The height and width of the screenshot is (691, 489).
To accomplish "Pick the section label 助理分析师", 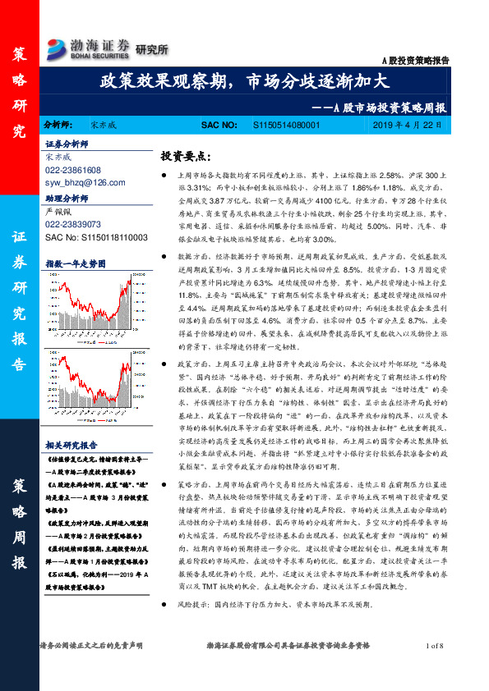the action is tap(67, 198).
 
